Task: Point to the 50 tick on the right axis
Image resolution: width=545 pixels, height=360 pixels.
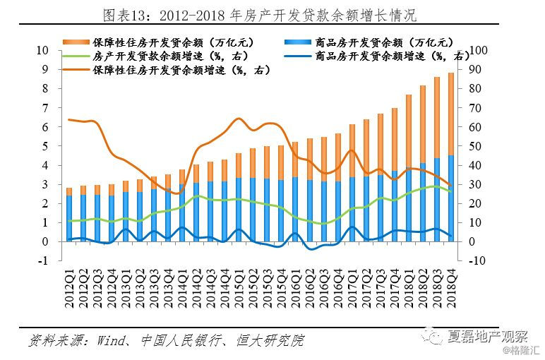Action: point(475,146)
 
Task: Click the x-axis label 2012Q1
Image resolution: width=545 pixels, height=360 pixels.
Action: point(69,289)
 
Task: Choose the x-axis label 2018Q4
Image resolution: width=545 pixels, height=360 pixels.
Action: point(451,289)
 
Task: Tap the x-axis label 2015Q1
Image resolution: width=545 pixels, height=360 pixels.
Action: point(239,289)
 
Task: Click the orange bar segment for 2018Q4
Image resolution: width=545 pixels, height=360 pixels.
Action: point(451,113)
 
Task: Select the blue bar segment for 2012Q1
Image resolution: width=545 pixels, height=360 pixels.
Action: point(69,219)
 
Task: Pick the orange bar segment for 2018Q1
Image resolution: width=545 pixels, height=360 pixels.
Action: point(409,134)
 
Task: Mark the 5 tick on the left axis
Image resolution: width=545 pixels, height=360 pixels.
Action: point(44,146)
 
